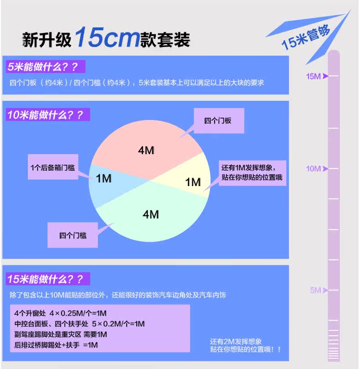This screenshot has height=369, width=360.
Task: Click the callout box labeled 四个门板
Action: (x=218, y=121)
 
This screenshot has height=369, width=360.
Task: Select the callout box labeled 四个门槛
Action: (x=73, y=235)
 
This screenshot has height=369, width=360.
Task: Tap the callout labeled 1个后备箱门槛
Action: (x=53, y=167)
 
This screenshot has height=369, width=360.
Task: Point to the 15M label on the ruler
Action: (x=314, y=76)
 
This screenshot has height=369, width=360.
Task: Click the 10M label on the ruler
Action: (x=314, y=169)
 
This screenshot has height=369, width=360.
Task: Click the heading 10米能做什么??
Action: (x=45, y=114)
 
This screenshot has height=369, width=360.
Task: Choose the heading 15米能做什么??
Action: (x=45, y=279)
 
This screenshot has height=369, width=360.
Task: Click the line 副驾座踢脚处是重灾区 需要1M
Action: (x=61, y=334)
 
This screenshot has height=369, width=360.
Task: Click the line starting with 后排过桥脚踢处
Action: (x=56, y=345)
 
